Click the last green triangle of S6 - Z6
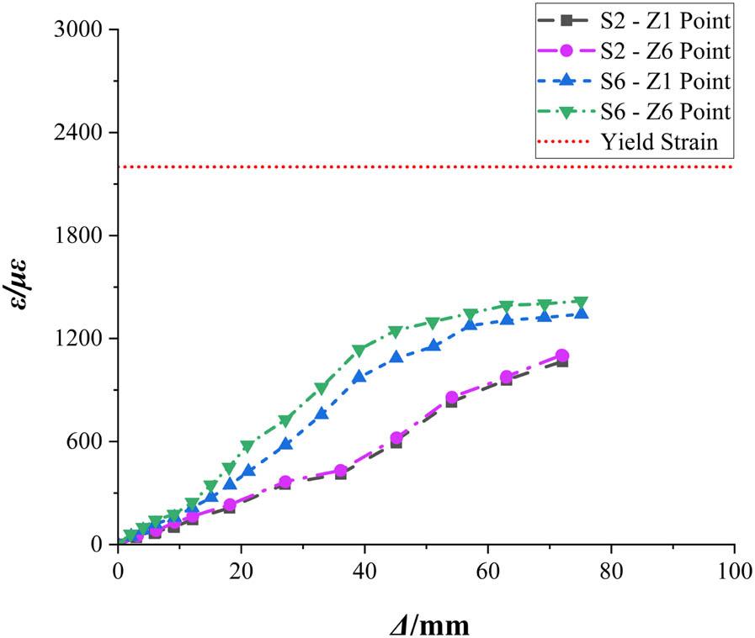[x=580, y=303]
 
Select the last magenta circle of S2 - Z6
[x=561, y=356]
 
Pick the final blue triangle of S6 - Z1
[x=581, y=313]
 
